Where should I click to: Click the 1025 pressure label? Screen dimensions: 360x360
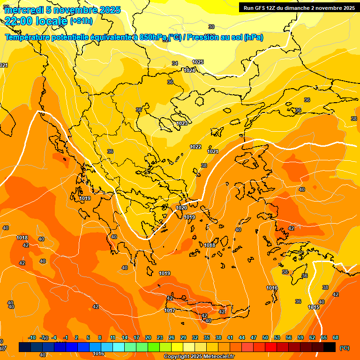tap(198, 62)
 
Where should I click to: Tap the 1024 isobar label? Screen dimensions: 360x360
tap(189, 70)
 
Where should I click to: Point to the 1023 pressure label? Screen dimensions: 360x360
tap(182, 123)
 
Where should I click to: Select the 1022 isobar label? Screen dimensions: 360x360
tap(195, 147)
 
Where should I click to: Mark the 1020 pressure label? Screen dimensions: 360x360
tap(181, 208)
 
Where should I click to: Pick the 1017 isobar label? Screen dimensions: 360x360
tap(170, 310)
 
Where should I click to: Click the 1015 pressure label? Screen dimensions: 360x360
tap(314, 307)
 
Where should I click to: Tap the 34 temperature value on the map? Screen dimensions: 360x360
tap(175, 63)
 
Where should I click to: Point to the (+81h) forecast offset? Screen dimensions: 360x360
tap(81, 21)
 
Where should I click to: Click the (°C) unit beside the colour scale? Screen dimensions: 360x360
tap(344, 348)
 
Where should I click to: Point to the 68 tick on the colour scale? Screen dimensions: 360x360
tap(336, 338)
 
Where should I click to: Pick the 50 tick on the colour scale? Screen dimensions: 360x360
tap(265, 338)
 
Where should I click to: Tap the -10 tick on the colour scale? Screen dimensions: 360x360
tap(32, 338)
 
